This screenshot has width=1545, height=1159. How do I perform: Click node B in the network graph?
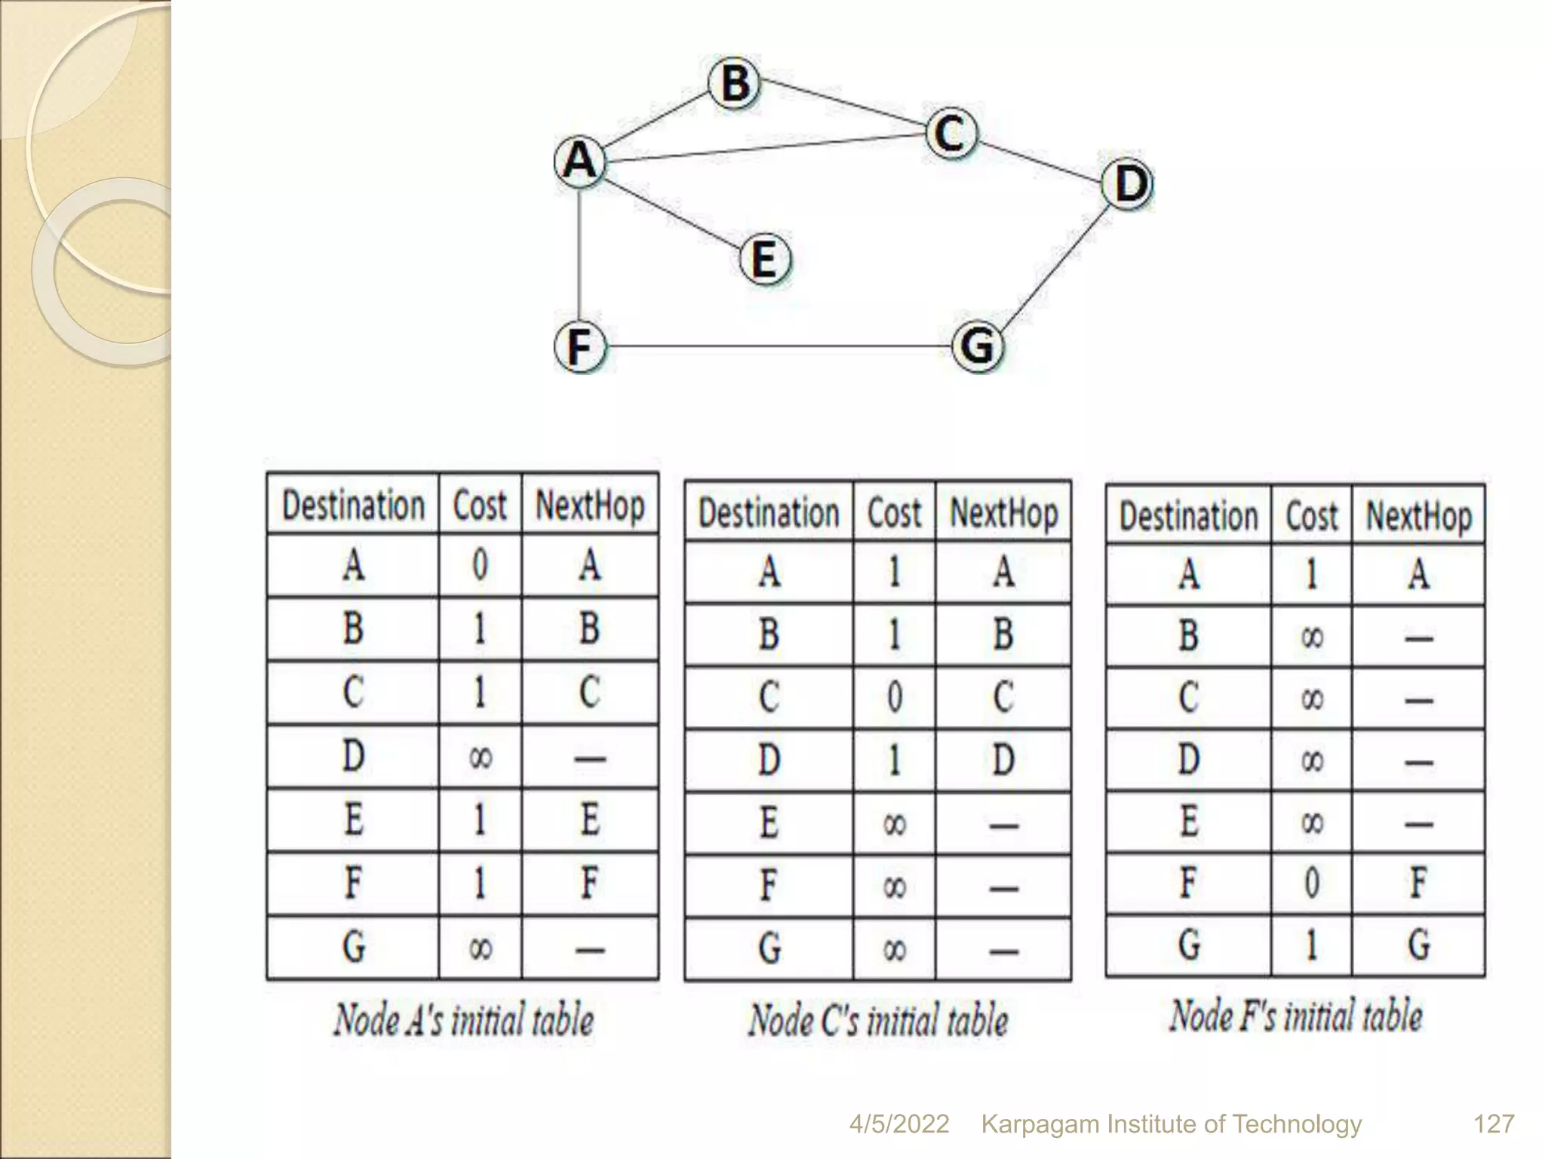[x=734, y=83]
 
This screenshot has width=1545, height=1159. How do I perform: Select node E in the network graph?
[x=764, y=259]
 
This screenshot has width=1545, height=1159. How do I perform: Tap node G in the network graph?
[x=978, y=346]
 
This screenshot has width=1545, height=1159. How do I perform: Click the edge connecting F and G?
[x=777, y=347]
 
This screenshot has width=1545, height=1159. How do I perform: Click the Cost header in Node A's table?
[x=480, y=505]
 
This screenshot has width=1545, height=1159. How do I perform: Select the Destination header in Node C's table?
[x=769, y=513]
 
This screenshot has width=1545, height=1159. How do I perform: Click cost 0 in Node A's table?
[x=480, y=565]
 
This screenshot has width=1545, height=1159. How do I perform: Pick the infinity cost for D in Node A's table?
[x=480, y=757]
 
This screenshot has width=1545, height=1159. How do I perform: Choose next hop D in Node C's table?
[x=1003, y=760]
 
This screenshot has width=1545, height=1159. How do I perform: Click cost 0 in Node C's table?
[x=894, y=696]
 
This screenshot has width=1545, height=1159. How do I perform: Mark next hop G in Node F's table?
[x=1418, y=944]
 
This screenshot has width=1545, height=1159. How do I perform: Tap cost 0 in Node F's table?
[x=1311, y=882]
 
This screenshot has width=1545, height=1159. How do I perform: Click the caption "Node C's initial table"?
[x=877, y=1020]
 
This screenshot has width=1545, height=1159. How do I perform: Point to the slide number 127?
[x=1493, y=1124]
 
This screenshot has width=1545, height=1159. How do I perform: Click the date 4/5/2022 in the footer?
[x=898, y=1124]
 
